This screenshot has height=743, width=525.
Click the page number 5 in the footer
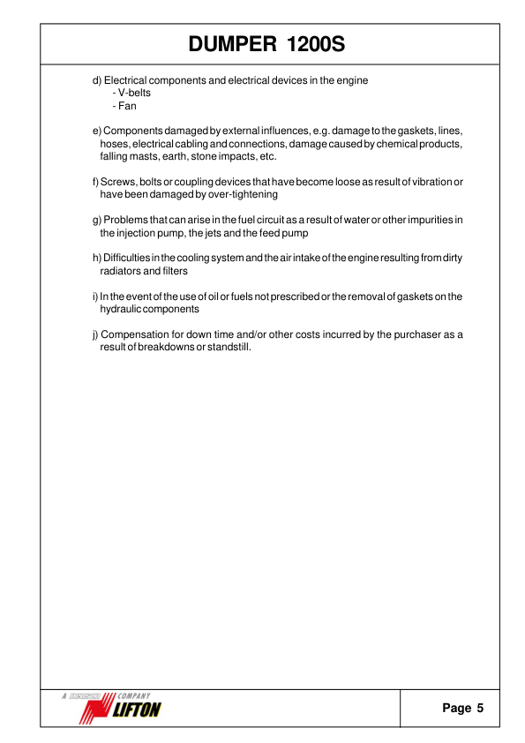coord(480,708)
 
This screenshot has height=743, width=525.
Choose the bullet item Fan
coord(126,105)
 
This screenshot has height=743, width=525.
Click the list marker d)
coord(97,80)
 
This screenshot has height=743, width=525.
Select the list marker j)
coord(95,334)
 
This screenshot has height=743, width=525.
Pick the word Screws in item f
coord(117,182)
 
